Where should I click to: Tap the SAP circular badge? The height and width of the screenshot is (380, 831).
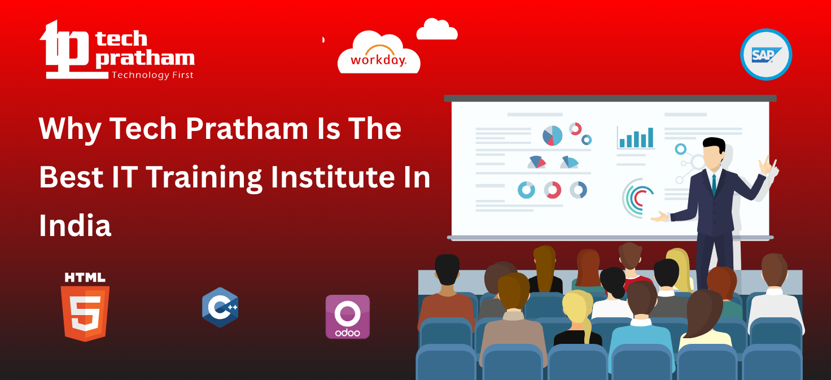(x=766, y=54)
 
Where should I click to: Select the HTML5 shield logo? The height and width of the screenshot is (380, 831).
(x=85, y=308)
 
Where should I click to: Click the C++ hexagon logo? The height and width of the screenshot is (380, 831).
(x=220, y=307)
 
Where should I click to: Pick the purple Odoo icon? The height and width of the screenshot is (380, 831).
(x=347, y=317)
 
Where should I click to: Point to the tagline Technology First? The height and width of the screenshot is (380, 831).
(x=152, y=75)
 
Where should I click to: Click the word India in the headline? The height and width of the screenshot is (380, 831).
(x=75, y=226)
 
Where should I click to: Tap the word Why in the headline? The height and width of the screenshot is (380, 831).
(x=69, y=129)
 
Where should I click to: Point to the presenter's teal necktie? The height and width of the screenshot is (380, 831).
(x=714, y=184)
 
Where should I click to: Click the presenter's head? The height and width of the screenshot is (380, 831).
(x=714, y=152)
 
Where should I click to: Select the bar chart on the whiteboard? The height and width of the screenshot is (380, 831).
(x=636, y=137)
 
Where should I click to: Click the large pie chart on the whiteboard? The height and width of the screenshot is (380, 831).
(x=552, y=136)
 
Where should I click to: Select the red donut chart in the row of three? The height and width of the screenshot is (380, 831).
(x=553, y=190)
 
